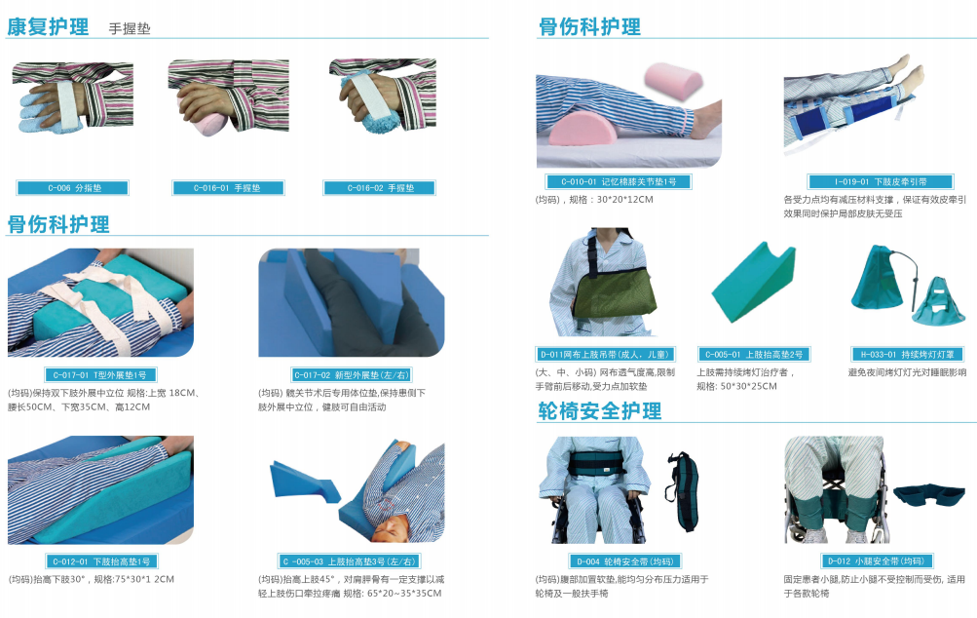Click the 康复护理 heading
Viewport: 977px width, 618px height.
coord(48,26)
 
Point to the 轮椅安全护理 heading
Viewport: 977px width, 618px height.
coord(600,410)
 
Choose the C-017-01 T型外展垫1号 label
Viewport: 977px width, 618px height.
coord(100,374)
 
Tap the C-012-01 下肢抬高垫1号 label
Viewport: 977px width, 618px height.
coord(100,561)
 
